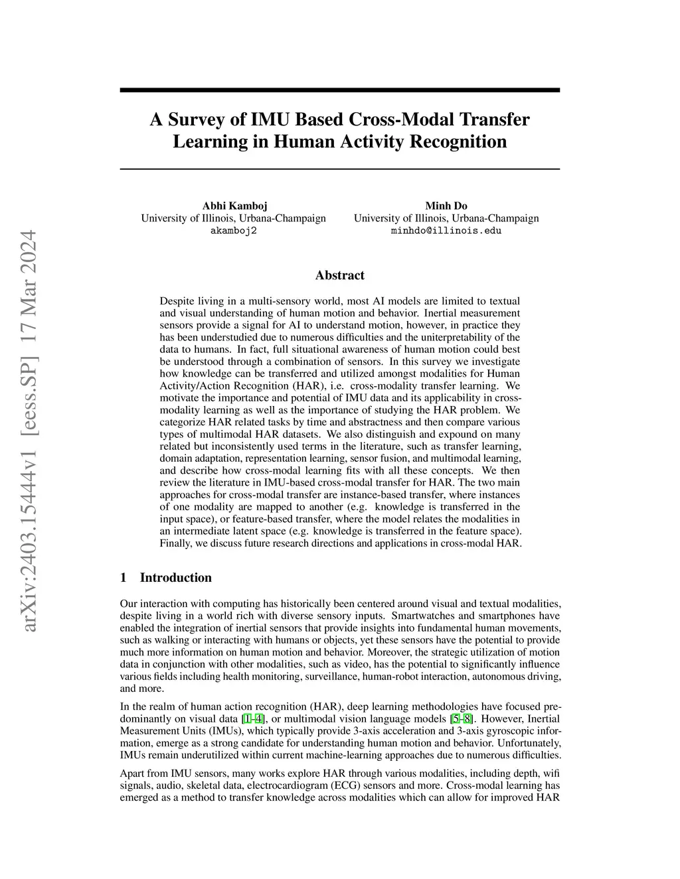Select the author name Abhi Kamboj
234,206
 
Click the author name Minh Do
446,206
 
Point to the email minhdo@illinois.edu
446,231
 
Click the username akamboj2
234,231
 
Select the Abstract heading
339,275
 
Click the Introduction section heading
175,578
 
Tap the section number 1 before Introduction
124,578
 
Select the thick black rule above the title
339,90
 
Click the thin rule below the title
339,169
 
